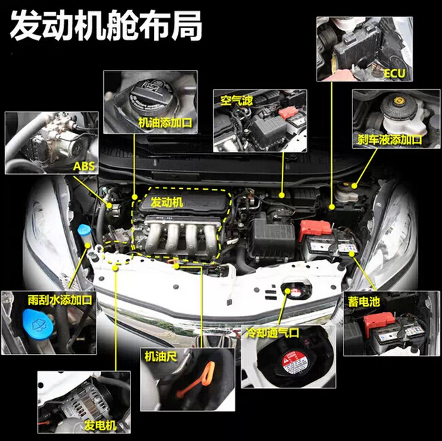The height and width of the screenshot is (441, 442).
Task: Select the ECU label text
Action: point(394,71)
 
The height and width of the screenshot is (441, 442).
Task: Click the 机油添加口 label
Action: point(165,122)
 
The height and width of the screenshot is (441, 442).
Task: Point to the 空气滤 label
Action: point(236,100)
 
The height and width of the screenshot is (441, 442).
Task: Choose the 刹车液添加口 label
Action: point(390,139)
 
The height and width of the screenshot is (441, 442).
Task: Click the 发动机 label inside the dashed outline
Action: point(166,202)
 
